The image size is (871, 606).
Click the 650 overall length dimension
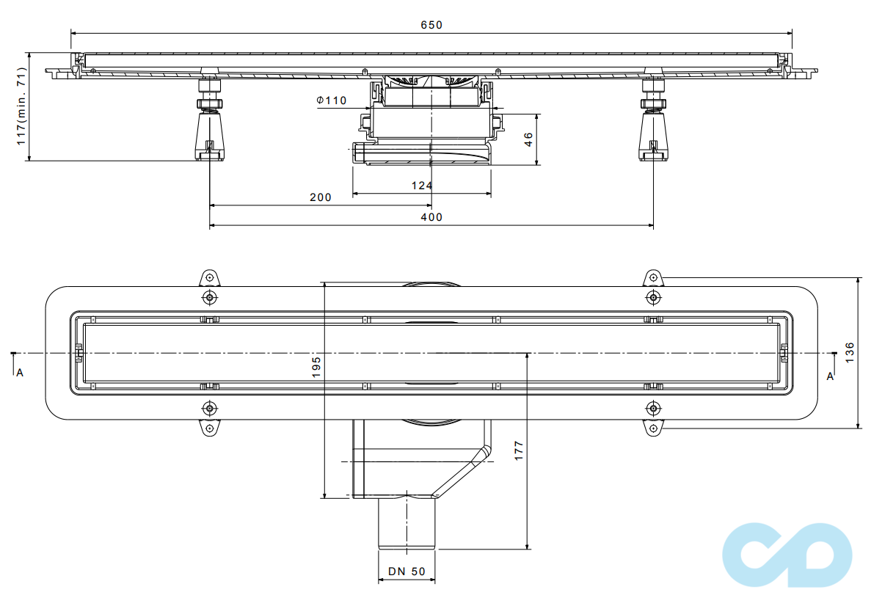pos(431,25)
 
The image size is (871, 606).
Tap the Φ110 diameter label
pos(332,101)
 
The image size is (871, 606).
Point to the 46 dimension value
pos(528,140)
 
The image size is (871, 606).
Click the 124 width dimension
pos(421,186)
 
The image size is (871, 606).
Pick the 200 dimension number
pos(320,197)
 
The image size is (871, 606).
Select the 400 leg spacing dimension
pos(431,217)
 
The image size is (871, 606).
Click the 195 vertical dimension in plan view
pos(316,367)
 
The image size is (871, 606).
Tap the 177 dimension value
pos(519,450)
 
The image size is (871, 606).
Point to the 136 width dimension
pos(850,351)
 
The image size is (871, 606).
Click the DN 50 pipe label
pos(407,571)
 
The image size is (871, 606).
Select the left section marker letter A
pos(20,373)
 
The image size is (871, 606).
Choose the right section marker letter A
pos(830,376)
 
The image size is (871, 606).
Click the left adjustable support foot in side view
pos(209,132)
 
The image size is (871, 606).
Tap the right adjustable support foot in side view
pos(653,132)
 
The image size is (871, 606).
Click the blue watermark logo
pos(787,555)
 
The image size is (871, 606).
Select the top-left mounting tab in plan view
pos(209,278)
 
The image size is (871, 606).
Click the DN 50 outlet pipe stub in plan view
pos(407,524)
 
